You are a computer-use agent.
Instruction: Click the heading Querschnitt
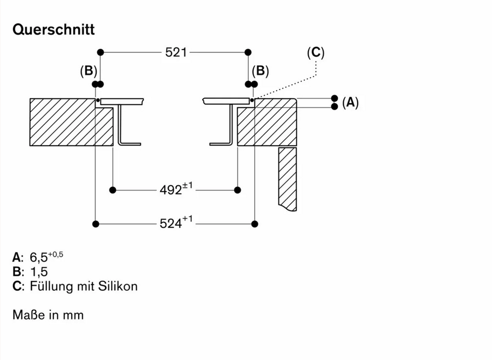(x=53, y=29)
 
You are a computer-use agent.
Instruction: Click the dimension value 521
(x=176, y=52)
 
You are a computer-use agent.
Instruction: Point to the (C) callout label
(x=316, y=52)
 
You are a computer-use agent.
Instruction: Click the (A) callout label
(x=350, y=103)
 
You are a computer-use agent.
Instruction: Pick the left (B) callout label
(x=88, y=71)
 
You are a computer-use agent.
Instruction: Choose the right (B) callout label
(x=261, y=71)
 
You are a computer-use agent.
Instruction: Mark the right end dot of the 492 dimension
(x=237, y=190)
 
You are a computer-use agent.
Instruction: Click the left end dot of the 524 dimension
(x=95, y=223)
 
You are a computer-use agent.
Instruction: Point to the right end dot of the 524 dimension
(x=256, y=223)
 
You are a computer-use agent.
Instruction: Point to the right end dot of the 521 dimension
(x=248, y=52)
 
